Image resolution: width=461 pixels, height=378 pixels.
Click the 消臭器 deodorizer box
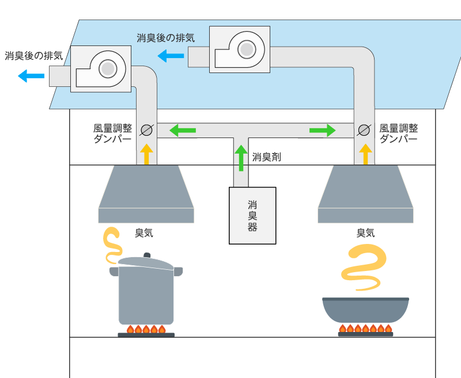(x=252, y=215)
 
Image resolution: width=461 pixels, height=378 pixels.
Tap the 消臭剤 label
(x=267, y=156)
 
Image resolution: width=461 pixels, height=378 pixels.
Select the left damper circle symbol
(x=146, y=130)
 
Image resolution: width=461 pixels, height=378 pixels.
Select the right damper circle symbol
(x=364, y=130)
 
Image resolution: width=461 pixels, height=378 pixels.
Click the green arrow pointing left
(x=182, y=131)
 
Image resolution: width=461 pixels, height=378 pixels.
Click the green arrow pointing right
(x=322, y=131)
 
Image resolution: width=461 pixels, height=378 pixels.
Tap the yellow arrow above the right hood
(x=364, y=154)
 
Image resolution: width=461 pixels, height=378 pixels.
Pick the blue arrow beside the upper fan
(x=171, y=56)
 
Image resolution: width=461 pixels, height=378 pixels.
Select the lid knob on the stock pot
(x=147, y=255)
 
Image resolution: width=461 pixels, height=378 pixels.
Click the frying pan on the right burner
(x=365, y=310)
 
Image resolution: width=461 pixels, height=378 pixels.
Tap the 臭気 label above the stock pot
(x=144, y=233)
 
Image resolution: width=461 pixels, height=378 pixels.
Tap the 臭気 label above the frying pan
(x=365, y=233)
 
